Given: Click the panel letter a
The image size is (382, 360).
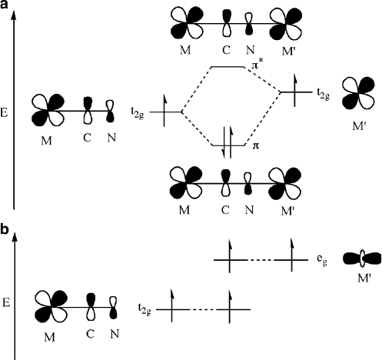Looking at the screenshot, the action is (5, 5).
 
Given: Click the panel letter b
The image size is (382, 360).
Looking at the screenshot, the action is (5, 230).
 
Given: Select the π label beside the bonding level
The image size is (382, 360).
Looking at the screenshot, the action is (256, 146).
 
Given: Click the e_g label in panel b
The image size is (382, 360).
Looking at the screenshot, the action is (322, 261).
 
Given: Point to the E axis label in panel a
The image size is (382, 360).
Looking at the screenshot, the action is (4, 113).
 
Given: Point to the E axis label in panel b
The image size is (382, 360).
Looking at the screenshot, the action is (6, 303).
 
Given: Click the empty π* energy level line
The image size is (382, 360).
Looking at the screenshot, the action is (228, 67).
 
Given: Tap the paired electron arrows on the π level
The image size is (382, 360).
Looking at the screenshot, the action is (228, 142).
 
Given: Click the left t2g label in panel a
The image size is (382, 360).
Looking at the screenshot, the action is (138, 114).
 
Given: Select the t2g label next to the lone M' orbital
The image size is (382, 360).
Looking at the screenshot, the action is (323, 94).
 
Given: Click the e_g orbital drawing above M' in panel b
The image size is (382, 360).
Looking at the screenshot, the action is (361, 258).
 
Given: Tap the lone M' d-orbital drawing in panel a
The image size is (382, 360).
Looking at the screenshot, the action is (358, 93).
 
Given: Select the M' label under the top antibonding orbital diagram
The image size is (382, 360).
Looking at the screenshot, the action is (289, 52).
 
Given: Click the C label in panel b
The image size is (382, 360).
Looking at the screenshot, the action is (90, 334).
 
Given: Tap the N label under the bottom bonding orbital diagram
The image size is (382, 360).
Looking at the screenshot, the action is (249, 210).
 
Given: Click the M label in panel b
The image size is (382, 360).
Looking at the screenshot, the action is (49, 337).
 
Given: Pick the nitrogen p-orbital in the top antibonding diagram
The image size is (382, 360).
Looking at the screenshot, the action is (249, 24).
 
